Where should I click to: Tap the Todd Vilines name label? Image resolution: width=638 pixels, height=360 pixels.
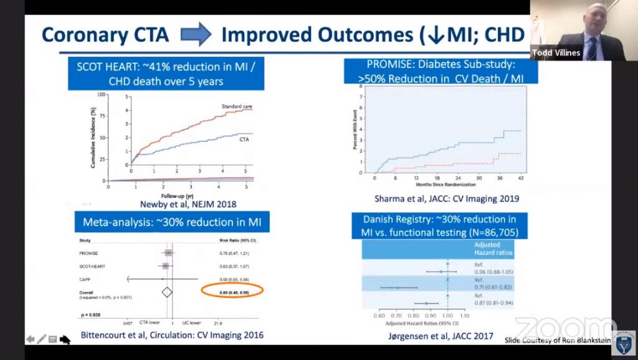click(x=556, y=53)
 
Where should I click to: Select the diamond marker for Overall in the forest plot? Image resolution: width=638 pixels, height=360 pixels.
click(x=167, y=291)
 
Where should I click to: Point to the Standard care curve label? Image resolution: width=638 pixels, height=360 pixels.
click(x=236, y=107)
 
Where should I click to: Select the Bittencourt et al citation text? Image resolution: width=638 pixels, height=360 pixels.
click(x=172, y=336)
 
